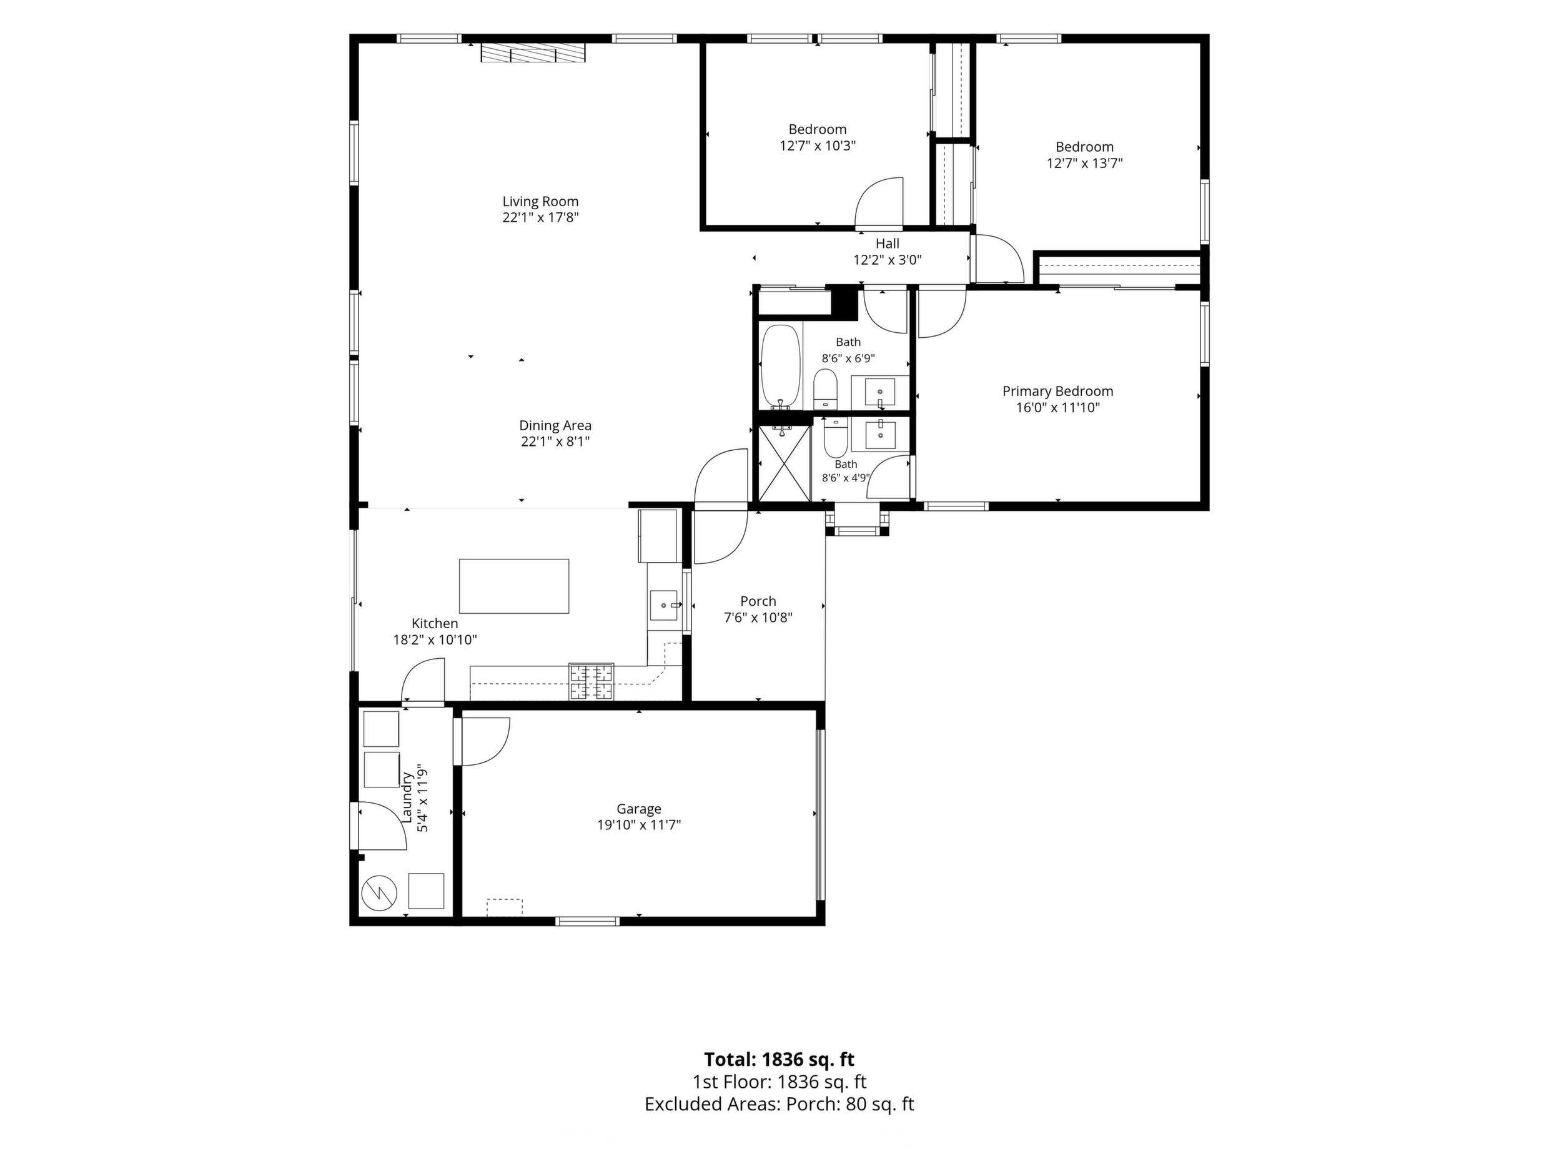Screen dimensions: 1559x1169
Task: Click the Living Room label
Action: pos(540,202)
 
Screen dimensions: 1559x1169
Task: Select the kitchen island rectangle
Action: pos(514,586)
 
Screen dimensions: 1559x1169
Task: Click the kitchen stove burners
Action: pos(591,682)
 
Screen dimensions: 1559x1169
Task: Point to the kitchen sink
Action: pos(664,605)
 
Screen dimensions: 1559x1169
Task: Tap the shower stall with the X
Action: pos(783,461)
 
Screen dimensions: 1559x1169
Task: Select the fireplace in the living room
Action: pos(533,53)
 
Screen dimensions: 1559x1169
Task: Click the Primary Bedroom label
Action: pos(1058,391)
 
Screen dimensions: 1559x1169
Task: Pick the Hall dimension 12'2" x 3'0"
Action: pos(888,260)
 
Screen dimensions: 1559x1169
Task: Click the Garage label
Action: pos(638,809)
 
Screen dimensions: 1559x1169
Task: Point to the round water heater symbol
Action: pos(380,893)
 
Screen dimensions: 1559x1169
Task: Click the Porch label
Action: pos(758,601)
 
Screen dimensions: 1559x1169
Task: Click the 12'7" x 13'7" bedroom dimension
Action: pos(1085,164)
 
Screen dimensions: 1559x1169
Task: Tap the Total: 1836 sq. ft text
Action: pos(779,1059)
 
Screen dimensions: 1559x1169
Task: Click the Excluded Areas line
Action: pos(779,1103)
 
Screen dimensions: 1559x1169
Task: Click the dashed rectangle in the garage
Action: pos(505,907)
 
